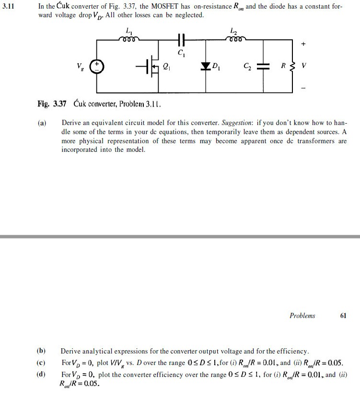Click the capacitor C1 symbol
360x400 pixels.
click(x=180, y=39)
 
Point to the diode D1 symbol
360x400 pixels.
click(x=206, y=66)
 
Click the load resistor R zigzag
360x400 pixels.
click(x=292, y=66)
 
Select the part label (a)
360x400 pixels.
click(x=42, y=123)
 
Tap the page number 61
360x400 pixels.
click(x=343, y=316)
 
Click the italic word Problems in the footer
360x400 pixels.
click(x=302, y=316)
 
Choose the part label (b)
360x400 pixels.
click(x=42, y=351)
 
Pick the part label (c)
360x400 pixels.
click(x=42, y=362)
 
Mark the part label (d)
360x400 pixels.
click(x=42, y=374)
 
